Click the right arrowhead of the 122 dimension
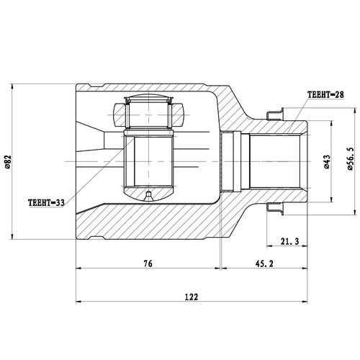pyautogui.click(x=307, y=302)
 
